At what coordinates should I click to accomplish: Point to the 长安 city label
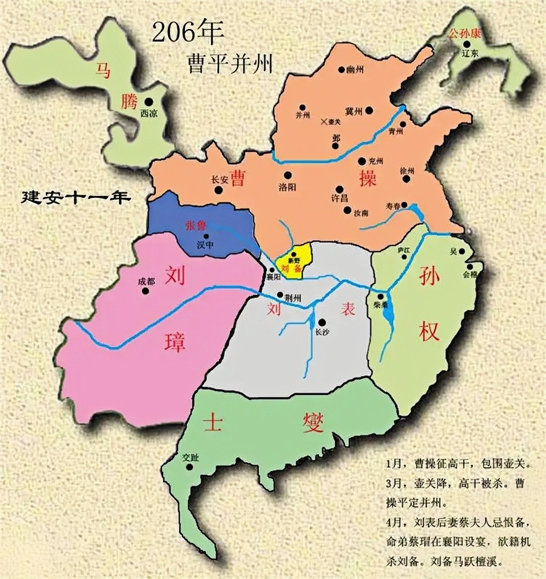[219, 180]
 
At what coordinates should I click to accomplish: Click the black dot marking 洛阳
[287, 175]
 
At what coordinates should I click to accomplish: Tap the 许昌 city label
[334, 199]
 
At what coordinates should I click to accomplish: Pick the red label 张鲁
[197, 225]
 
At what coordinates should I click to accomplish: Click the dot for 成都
[145, 291]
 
